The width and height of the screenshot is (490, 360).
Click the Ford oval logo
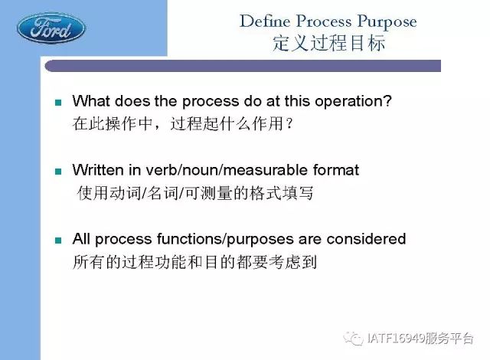tap(51, 29)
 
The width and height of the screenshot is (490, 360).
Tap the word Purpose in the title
tap(387, 22)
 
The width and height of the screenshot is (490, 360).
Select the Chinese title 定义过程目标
tap(328, 43)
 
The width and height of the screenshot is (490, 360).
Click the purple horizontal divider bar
tap(243, 66)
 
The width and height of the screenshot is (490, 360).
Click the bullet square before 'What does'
tap(58, 103)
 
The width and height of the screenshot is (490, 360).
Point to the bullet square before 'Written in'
tap(58, 172)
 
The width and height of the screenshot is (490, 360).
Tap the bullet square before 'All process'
tap(58, 240)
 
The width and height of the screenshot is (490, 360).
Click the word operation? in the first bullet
tap(353, 102)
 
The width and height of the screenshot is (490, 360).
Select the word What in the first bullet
tap(91, 101)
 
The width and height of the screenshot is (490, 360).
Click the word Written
tap(98, 170)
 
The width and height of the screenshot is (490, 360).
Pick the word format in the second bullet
tap(336, 170)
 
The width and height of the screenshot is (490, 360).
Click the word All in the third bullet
tap(81, 239)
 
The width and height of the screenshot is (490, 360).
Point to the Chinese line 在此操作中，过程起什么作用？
tap(183, 123)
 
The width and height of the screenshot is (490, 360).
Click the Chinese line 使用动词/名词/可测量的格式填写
tap(195, 192)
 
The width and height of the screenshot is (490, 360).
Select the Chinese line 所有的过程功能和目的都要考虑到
tap(194, 261)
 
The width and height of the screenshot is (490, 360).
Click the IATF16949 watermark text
tap(420, 339)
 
